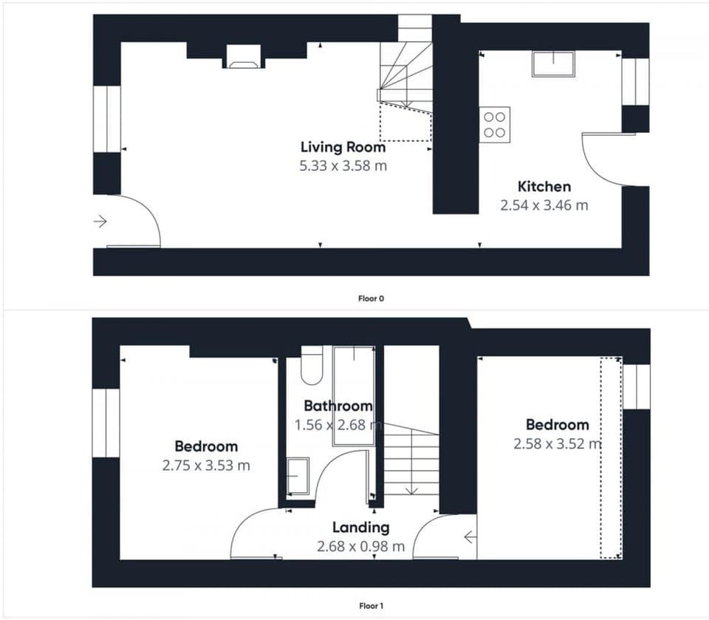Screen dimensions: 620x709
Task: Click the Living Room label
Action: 343,147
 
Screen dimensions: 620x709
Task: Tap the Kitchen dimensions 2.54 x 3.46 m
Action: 544,205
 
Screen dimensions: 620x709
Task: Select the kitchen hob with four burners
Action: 494,124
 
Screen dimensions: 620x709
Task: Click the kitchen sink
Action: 553,64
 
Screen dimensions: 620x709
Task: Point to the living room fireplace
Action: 243,57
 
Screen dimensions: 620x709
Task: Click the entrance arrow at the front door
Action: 100,221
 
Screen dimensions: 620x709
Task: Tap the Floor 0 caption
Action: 371,299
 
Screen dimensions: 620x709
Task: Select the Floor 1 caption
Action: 371,606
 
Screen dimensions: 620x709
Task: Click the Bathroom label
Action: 338,406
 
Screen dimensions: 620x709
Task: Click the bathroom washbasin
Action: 298,476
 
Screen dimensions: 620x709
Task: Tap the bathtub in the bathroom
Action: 353,395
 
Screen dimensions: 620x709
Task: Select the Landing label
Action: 360,528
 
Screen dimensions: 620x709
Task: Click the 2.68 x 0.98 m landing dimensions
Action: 360,547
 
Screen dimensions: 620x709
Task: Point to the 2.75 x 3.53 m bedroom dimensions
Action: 206,466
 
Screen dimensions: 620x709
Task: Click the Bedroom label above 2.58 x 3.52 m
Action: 557,425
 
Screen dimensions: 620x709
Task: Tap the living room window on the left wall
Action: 107,119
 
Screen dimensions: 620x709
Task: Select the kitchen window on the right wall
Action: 634,81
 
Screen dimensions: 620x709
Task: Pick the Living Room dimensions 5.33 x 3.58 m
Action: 343,166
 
